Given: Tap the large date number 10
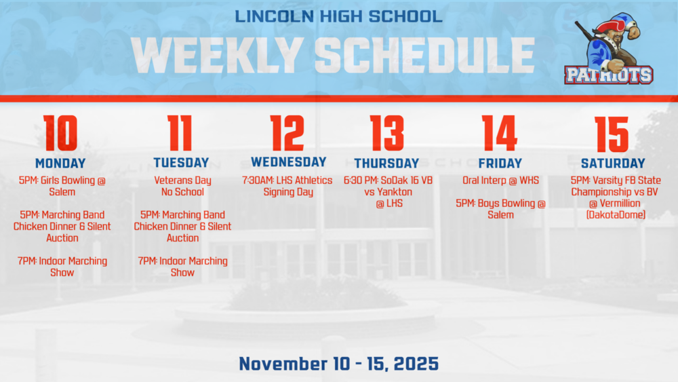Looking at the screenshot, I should point(60,133).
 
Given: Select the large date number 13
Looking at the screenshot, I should point(386,133).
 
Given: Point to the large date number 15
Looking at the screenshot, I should point(612,133).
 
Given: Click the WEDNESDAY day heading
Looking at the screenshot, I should point(288,162).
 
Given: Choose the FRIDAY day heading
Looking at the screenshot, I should point(500,164).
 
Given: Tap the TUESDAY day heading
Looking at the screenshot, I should point(181,164).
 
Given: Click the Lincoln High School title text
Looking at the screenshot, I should point(338,15).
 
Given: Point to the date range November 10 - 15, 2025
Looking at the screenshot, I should point(338,364).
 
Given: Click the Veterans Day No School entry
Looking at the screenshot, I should point(182,186).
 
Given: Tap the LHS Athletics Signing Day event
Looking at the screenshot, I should point(288,186).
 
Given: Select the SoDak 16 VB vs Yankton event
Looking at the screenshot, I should point(388,191).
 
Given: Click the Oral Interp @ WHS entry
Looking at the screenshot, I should point(500,180).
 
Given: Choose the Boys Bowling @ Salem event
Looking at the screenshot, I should point(500,209).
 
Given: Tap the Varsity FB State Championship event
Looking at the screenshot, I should point(613,197).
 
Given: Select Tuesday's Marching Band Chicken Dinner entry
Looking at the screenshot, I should point(182,226).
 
